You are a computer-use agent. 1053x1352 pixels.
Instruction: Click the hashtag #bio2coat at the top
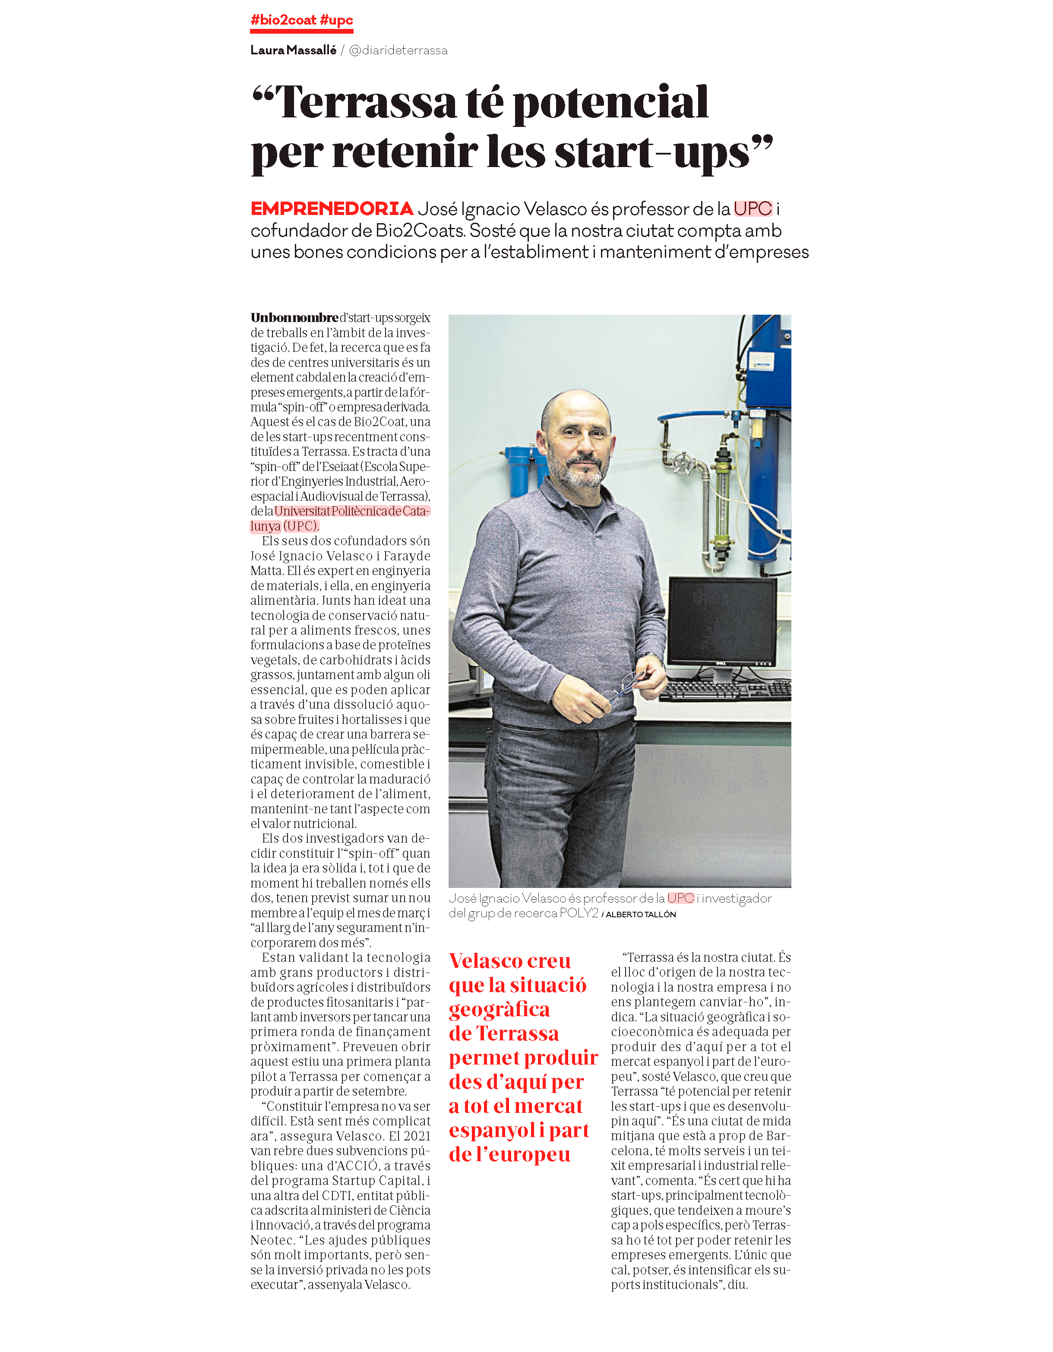(284, 20)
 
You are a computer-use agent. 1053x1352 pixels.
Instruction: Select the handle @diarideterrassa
(398, 50)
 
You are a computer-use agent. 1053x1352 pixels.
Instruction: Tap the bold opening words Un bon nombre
(295, 318)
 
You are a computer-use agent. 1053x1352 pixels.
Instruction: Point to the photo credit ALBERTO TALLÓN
(641, 914)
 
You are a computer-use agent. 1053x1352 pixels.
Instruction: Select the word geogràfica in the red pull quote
(499, 1010)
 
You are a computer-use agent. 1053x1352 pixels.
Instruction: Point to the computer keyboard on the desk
(725, 690)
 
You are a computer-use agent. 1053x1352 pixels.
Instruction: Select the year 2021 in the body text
(417, 1136)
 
